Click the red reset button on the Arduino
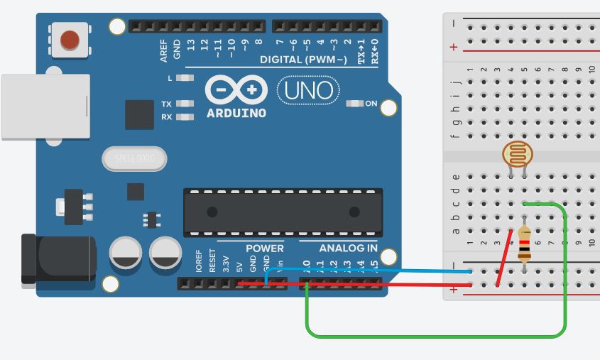pyautogui.click(x=70, y=39)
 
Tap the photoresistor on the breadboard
pyautogui.click(x=518, y=153)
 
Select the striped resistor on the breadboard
pyautogui.click(x=524, y=244)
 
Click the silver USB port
pyautogui.click(x=45, y=107)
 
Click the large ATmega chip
pyautogui.click(x=283, y=212)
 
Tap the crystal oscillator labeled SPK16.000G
pyautogui.click(x=133, y=159)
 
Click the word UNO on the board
pyautogui.click(x=308, y=90)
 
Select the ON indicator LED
pyautogui.click(x=355, y=104)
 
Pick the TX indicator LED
pyautogui.click(x=185, y=104)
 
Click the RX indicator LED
pyautogui.click(x=185, y=116)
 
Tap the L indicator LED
pyautogui.click(x=185, y=77)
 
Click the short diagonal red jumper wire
pyautogui.click(x=505, y=257)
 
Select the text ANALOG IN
pyautogui.click(x=348, y=249)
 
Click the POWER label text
pyautogui.click(x=264, y=249)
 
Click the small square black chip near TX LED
pyautogui.click(x=139, y=114)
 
